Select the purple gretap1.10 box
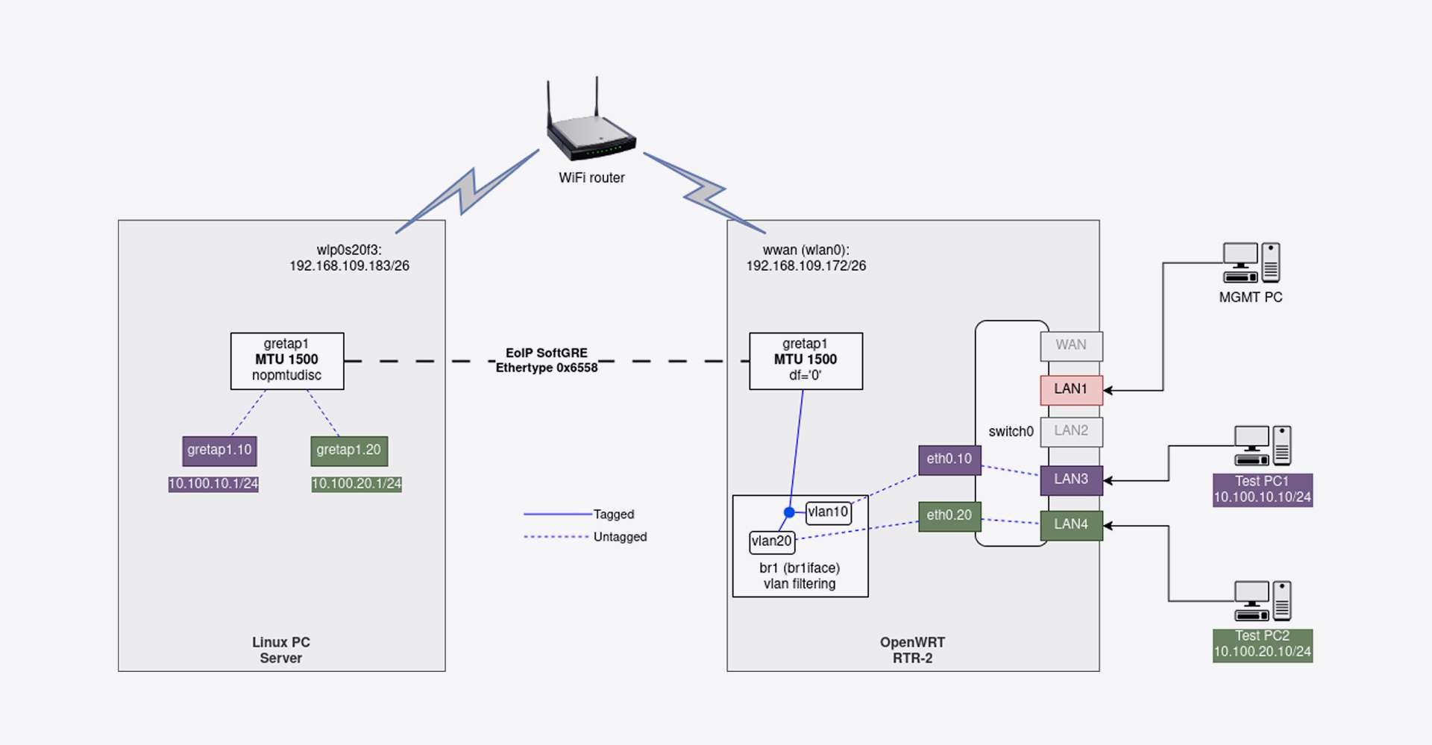(x=219, y=450)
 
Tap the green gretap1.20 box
(x=349, y=450)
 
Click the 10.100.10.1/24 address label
(x=213, y=484)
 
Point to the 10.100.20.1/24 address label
(x=357, y=484)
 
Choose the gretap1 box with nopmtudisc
(x=287, y=361)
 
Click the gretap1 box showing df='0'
(x=805, y=361)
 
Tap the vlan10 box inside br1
(x=828, y=512)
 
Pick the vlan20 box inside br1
(x=772, y=541)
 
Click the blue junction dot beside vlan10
(x=789, y=512)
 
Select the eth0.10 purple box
(x=949, y=459)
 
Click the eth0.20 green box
(x=949, y=515)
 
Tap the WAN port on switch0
(x=1071, y=345)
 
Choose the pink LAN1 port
(x=1071, y=389)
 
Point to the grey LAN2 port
(x=1071, y=431)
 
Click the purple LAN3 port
(x=1071, y=480)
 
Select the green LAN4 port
(x=1071, y=525)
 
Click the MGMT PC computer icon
(x=1251, y=263)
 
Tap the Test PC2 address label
(x=1262, y=644)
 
